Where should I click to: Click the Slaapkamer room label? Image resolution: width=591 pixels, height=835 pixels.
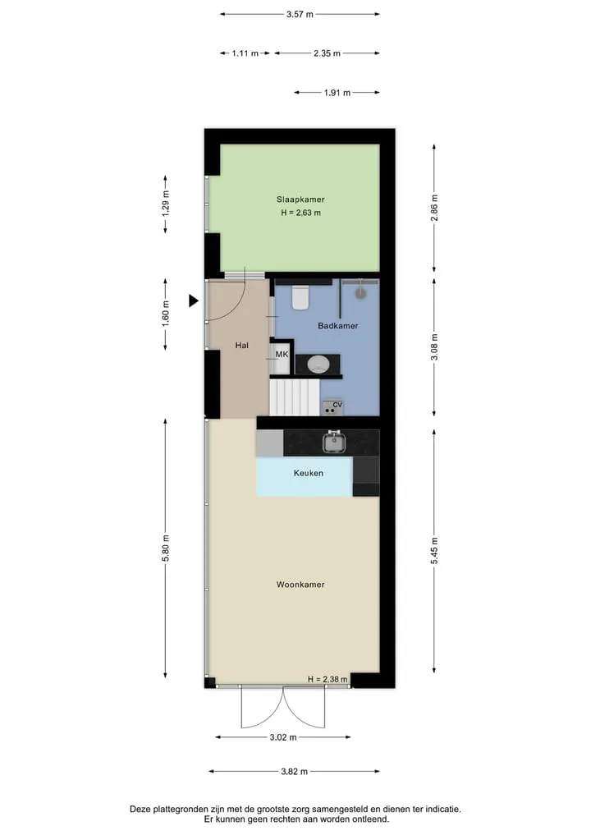tap(300, 200)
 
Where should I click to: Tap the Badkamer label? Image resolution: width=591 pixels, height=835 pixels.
tap(337, 325)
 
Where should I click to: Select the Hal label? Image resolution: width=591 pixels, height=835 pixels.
tap(241, 345)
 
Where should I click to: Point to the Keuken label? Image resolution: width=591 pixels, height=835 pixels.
tap(309, 473)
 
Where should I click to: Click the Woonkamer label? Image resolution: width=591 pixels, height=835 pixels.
tap(300, 585)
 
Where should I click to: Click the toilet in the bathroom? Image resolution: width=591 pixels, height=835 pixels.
tap(300, 298)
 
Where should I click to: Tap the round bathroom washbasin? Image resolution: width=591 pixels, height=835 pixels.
tap(318, 365)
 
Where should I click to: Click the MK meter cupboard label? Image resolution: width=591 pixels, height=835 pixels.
tap(282, 354)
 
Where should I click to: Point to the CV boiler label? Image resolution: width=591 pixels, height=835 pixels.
tap(337, 405)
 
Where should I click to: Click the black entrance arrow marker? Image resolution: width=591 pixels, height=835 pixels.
tap(194, 301)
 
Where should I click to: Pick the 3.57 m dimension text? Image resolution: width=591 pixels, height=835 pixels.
tap(300, 15)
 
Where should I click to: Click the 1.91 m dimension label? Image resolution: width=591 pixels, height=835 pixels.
tap(337, 93)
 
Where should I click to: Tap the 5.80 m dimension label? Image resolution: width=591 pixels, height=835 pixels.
tap(166, 548)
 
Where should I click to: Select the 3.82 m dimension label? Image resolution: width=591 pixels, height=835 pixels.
tap(295, 771)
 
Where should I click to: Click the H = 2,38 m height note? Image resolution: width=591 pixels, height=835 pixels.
tap(328, 679)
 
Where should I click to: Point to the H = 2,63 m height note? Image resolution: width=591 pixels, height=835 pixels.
tap(300, 213)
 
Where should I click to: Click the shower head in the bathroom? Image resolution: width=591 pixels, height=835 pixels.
tap(361, 292)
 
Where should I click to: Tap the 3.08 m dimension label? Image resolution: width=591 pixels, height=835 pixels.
tap(434, 347)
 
